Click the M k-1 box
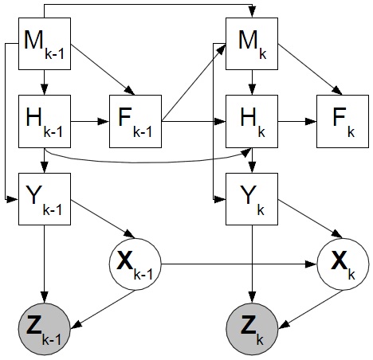(45, 44)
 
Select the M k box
(252, 44)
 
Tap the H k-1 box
(45, 121)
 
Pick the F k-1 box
(135, 121)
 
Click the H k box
(252, 121)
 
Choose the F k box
(343, 121)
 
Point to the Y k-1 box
(45, 199)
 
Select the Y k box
(252, 199)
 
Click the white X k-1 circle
(135, 264)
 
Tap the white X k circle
(343, 264)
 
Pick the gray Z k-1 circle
(45, 329)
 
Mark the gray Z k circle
(252, 329)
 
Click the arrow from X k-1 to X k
(239, 264)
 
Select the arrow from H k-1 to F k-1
(90, 122)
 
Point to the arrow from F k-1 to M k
(194, 83)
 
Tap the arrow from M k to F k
(310, 69)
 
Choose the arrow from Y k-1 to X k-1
(103, 219)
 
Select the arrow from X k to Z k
(310, 310)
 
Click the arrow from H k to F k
(297, 122)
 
